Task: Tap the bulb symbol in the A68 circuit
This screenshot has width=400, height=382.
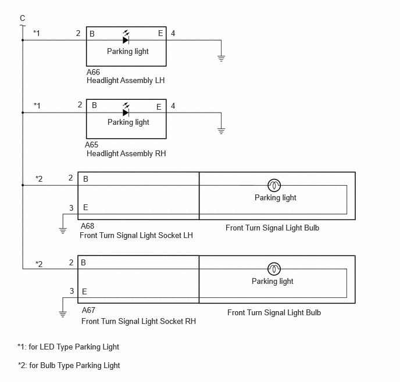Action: pyautogui.click(x=274, y=185)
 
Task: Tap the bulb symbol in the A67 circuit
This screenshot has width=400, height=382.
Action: pyautogui.click(x=274, y=269)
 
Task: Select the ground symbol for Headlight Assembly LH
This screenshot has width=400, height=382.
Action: pyautogui.click(x=221, y=58)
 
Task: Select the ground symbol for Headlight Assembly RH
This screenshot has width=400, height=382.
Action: pyautogui.click(x=221, y=131)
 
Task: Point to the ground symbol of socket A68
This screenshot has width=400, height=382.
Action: pyautogui.click(x=63, y=230)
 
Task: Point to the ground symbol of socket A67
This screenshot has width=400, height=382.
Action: pyautogui.click(x=63, y=314)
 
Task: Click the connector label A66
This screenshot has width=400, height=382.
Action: pyautogui.click(x=93, y=72)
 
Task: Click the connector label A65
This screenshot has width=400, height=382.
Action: pyautogui.click(x=92, y=145)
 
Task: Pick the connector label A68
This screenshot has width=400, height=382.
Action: pyautogui.click(x=87, y=226)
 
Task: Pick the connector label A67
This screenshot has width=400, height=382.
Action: pyautogui.click(x=88, y=310)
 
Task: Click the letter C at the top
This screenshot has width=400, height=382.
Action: pyautogui.click(x=23, y=18)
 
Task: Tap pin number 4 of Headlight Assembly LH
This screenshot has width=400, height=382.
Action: pyautogui.click(x=173, y=33)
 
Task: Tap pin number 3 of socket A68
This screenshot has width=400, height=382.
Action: pyautogui.click(x=72, y=208)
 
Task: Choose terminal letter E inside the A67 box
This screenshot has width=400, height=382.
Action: pyautogui.click(x=84, y=291)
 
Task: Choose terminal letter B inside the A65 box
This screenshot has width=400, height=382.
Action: pyautogui.click(x=94, y=105)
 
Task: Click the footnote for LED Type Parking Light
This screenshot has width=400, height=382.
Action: pyautogui.click(x=69, y=347)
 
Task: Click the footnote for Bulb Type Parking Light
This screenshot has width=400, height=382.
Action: pyautogui.click(x=69, y=365)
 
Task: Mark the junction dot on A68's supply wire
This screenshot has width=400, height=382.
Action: pyautogui.click(x=23, y=185)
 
